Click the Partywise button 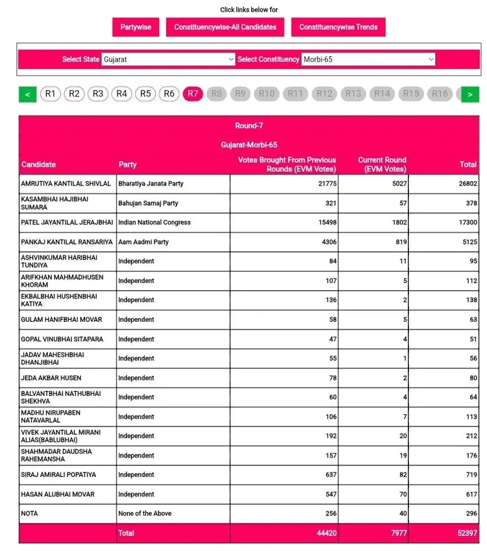pyautogui.click(x=136, y=27)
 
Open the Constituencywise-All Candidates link pyautogui.click(x=225, y=27)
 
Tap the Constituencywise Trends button pyautogui.click(x=338, y=27)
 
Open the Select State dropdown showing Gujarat pyautogui.click(x=168, y=59)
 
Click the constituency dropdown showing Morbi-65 pyautogui.click(x=368, y=59)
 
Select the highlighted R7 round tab pyautogui.click(x=193, y=93)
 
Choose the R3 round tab pyautogui.click(x=98, y=93)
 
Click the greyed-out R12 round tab pyautogui.click(x=324, y=93)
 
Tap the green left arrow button pyautogui.click(x=27, y=94)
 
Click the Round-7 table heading pyautogui.click(x=249, y=125)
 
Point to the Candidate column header pyautogui.click(x=39, y=164)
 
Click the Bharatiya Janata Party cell pyautogui.click(x=151, y=184)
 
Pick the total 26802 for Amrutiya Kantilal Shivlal pyautogui.click(x=466, y=184)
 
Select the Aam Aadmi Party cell pyautogui.click(x=144, y=242)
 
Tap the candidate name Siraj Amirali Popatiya pyautogui.click(x=58, y=475)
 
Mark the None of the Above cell pyautogui.click(x=145, y=513)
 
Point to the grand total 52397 pyautogui.click(x=464, y=533)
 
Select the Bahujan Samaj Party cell pyautogui.click(x=148, y=203)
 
